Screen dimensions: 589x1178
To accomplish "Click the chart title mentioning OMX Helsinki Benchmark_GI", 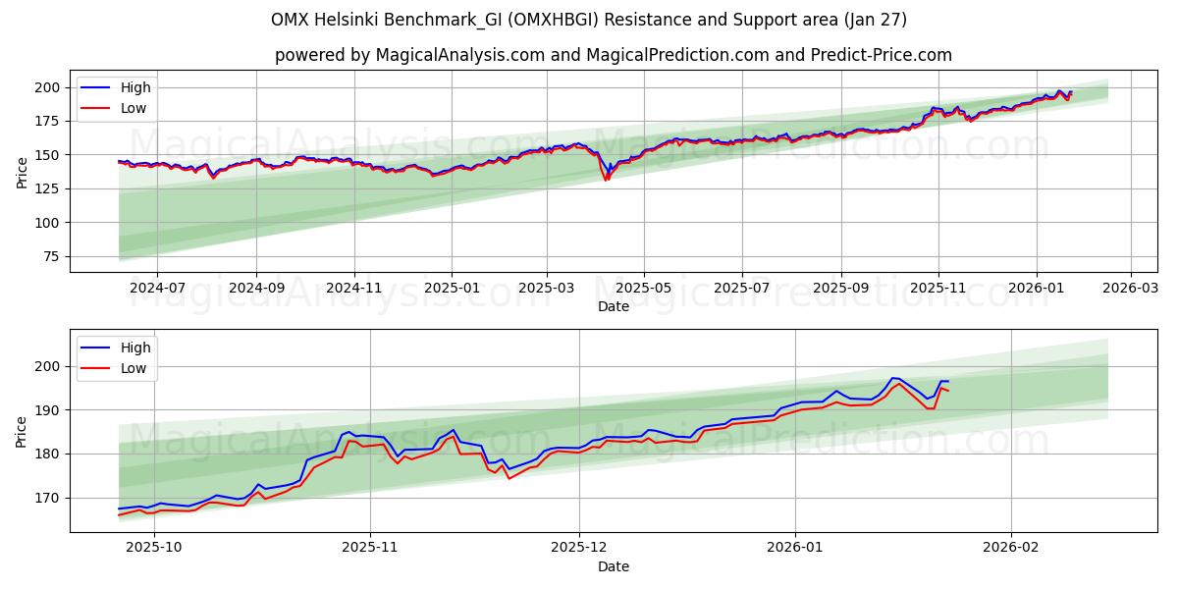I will [x=589, y=20].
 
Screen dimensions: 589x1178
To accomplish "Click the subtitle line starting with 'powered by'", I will [x=613, y=55].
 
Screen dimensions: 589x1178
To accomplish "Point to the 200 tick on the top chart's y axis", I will [x=50, y=87].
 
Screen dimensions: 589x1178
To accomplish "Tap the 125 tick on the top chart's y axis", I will [x=50, y=188].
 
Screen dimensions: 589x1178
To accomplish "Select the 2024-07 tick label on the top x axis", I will [x=157, y=289].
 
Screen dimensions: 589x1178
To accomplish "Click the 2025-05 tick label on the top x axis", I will [x=644, y=289].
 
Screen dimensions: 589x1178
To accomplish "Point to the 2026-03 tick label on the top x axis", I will [x=1131, y=289].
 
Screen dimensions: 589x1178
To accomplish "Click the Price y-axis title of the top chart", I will [x=22, y=172].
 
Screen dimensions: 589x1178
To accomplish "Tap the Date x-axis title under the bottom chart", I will [x=613, y=566].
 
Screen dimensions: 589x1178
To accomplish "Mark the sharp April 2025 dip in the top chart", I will [x=607, y=179].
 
